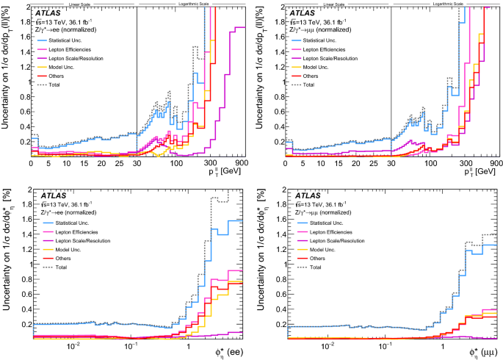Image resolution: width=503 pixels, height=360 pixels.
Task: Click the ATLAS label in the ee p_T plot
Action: tap(48, 13)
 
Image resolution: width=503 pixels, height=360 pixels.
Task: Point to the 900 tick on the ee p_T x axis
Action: tap(241, 162)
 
